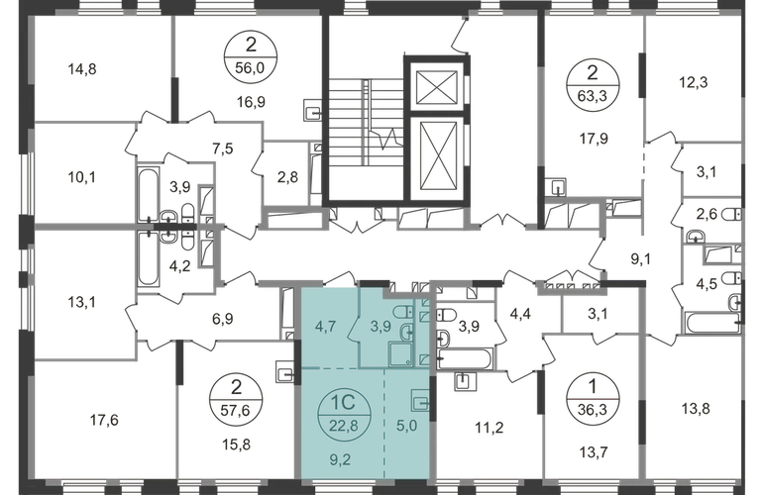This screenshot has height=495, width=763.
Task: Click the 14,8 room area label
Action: (82, 69)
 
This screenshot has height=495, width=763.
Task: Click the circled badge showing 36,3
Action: (593, 399)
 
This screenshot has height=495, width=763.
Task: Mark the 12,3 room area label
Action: (694, 82)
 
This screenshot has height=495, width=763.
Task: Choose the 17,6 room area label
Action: (104, 420)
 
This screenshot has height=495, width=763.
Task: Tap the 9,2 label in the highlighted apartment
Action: (340, 459)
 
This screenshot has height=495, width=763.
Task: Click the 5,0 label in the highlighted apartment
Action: (407, 426)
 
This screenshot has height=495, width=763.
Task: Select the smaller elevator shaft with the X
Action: (437, 87)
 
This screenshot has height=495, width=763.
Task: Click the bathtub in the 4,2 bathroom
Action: (148, 260)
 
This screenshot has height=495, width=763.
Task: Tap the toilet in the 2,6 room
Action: (733, 214)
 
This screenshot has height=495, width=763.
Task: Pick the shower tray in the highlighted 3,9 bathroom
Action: (400, 353)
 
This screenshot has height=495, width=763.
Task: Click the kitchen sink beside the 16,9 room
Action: (313, 110)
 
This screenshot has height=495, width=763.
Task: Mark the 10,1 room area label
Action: (81, 177)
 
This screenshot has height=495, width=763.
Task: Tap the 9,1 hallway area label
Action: (641, 259)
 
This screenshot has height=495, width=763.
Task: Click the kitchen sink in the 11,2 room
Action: (463, 381)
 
